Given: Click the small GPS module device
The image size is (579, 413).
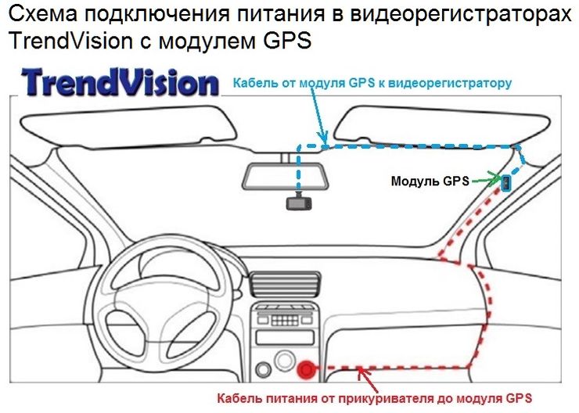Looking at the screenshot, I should coord(507,183).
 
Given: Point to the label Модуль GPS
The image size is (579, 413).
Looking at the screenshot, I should coord(430,181).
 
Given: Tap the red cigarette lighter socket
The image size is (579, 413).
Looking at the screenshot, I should coord(306,367).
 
